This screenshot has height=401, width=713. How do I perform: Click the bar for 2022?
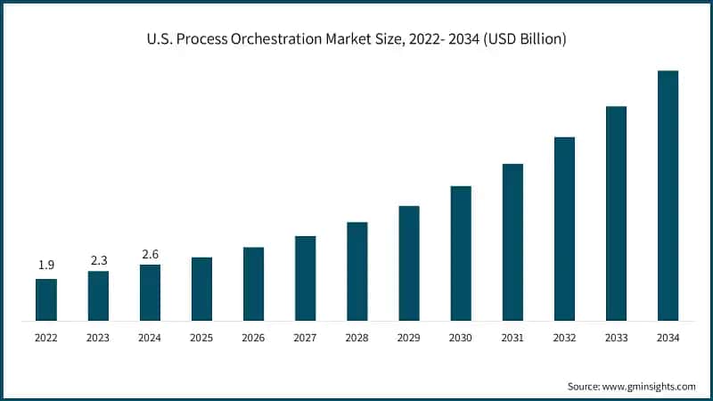tap(46, 299)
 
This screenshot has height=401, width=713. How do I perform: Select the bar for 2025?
tap(201, 289)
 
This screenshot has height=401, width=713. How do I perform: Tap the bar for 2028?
tap(356, 271)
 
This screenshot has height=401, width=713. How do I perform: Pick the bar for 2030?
tap(461, 253)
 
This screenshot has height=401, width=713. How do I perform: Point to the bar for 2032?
tap(564, 229)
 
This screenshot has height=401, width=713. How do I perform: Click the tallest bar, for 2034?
tap(668, 195)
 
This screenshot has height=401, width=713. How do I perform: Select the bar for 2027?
tap(305, 278)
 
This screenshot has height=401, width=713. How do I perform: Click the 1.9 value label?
tap(46, 266)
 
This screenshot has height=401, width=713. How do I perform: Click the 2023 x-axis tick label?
tap(98, 338)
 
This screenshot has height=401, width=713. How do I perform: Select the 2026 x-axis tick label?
tap(253, 338)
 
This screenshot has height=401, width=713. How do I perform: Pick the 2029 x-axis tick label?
tap(409, 338)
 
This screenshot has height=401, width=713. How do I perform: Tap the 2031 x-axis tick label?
tap(512, 338)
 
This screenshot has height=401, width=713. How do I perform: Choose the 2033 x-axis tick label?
tap(616, 338)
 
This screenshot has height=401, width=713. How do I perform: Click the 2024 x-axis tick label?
tap(150, 338)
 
